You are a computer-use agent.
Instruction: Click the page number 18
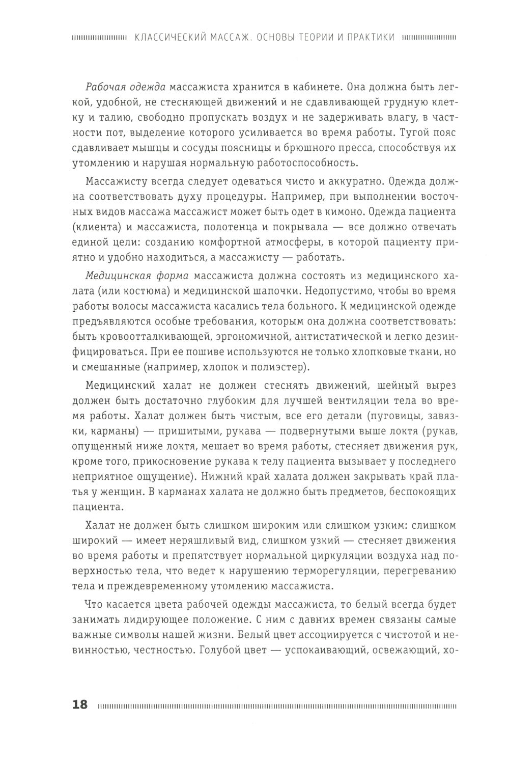pos(80,705)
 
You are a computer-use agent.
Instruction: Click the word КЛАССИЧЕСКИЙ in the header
pos(171,37)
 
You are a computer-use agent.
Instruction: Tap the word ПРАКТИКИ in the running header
pos(370,37)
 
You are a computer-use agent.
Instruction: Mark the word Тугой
pos(413,132)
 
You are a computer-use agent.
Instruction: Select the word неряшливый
pos(189,540)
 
